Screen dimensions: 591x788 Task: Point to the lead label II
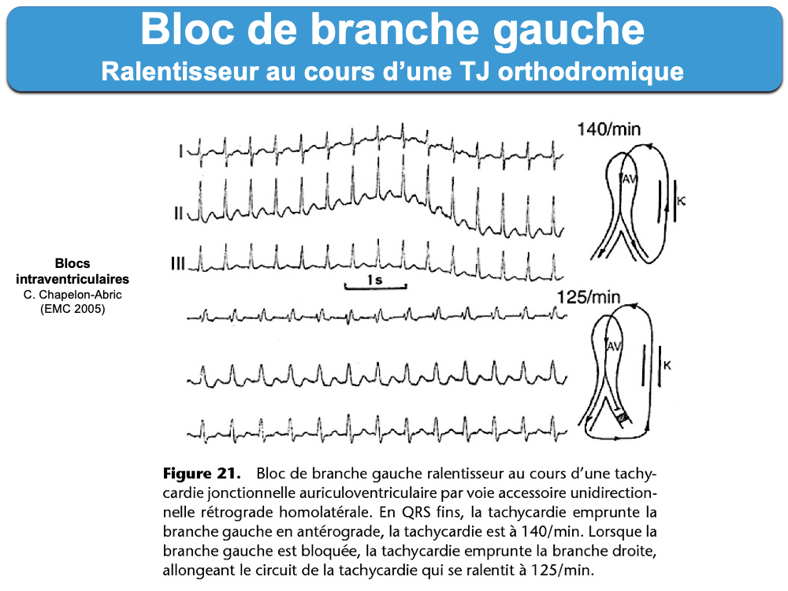click(x=179, y=214)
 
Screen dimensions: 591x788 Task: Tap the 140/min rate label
click(x=607, y=128)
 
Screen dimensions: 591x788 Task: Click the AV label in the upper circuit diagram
click(x=630, y=180)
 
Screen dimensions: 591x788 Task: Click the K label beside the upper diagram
click(x=682, y=202)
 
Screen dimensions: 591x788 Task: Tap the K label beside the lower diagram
click(x=667, y=365)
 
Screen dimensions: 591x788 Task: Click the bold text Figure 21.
click(x=200, y=474)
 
